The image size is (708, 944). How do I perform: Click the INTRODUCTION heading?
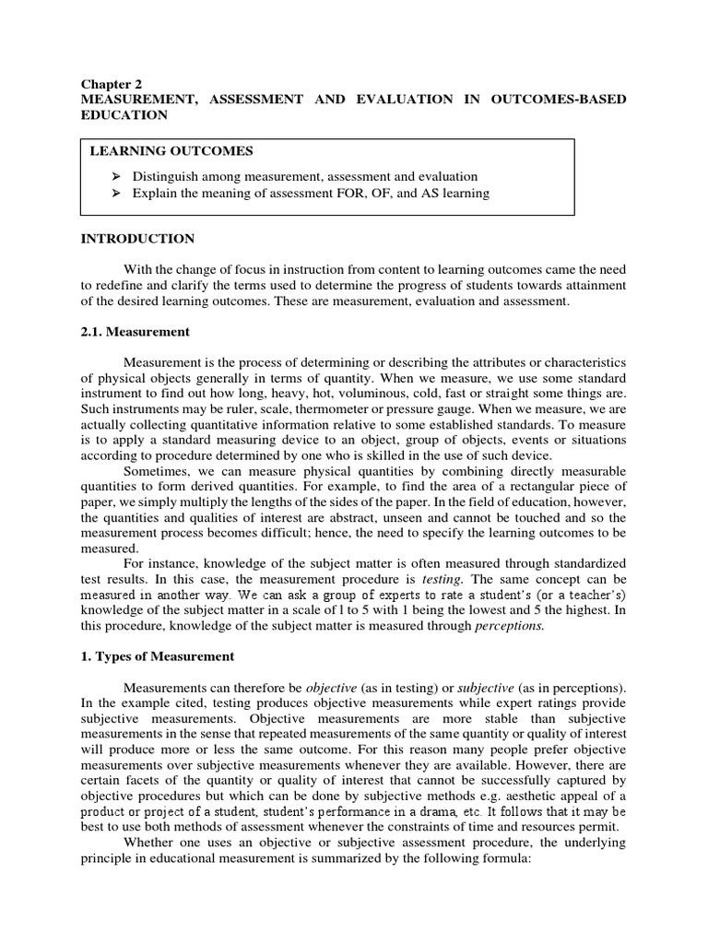coord(137,239)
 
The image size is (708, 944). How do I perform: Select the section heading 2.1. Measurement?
coord(136,331)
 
